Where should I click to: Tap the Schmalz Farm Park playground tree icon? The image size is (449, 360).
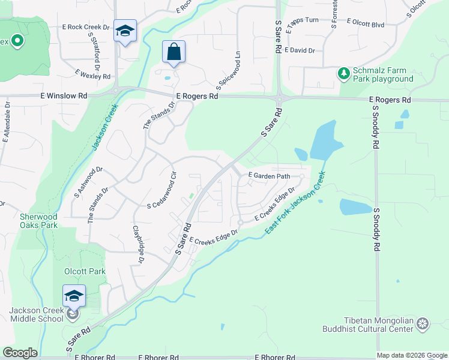click(x=343, y=73)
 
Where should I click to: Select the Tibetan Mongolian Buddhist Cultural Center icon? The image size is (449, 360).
click(x=423, y=325)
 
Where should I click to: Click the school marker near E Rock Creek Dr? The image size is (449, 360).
click(x=125, y=31)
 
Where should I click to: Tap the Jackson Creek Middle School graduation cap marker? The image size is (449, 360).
click(x=73, y=296)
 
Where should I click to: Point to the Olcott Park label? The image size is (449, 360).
click(x=85, y=271)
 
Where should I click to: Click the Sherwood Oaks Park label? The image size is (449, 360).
click(x=38, y=221)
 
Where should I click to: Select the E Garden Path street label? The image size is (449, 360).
click(x=270, y=176)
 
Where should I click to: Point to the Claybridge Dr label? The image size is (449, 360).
click(x=138, y=243)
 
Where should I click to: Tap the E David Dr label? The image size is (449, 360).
click(x=300, y=50)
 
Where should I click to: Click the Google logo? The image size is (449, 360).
click(x=20, y=353)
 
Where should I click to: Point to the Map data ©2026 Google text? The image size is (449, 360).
click(x=412, y=355)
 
